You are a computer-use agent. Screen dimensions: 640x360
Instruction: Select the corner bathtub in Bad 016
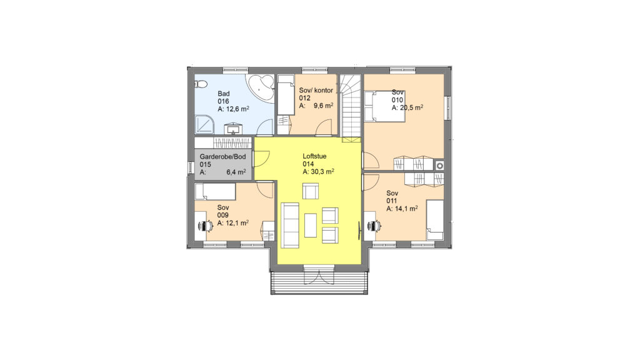tap(261, 87)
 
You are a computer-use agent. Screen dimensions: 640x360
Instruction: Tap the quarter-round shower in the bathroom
tap(204, 124)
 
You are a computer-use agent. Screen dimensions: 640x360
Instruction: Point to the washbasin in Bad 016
tap(234, 129)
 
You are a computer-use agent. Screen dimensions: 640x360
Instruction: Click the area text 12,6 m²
tap(237, 109)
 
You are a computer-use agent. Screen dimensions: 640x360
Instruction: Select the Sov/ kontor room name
tap(316, 90)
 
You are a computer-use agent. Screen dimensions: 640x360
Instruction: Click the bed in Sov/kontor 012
tap(286, 95)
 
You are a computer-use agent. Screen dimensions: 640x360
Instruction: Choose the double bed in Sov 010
tap(385, 106)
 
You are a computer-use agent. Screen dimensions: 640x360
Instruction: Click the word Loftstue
tap(314, 156)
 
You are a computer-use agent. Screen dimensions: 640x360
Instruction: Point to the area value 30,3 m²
tap(322, 172)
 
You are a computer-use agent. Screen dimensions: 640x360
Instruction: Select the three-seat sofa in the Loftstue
tap(290, 225)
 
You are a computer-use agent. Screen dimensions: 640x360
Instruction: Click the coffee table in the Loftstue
tap(311, 225)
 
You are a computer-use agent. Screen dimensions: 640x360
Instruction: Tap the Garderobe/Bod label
tap(222, 157)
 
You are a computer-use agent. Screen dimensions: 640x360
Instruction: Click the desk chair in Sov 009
tap(205, 225)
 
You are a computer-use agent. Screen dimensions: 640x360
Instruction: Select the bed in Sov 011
tap(435, 220)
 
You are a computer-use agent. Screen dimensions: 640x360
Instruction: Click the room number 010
tap(397, 100)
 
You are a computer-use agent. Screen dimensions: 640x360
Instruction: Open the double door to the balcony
tap(319, 275)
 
